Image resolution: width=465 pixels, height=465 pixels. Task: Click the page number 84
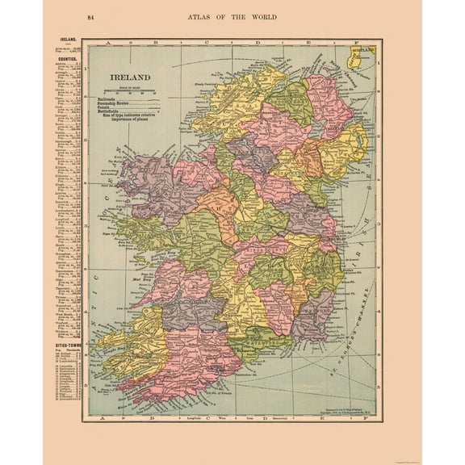click(x=90, y=17)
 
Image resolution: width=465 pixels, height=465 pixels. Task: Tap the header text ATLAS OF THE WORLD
click(x=232, y=17)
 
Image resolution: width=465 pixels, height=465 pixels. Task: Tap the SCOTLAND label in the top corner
click(x=365, y=50)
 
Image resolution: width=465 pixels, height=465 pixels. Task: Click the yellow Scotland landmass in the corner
click(x=365, y=60)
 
